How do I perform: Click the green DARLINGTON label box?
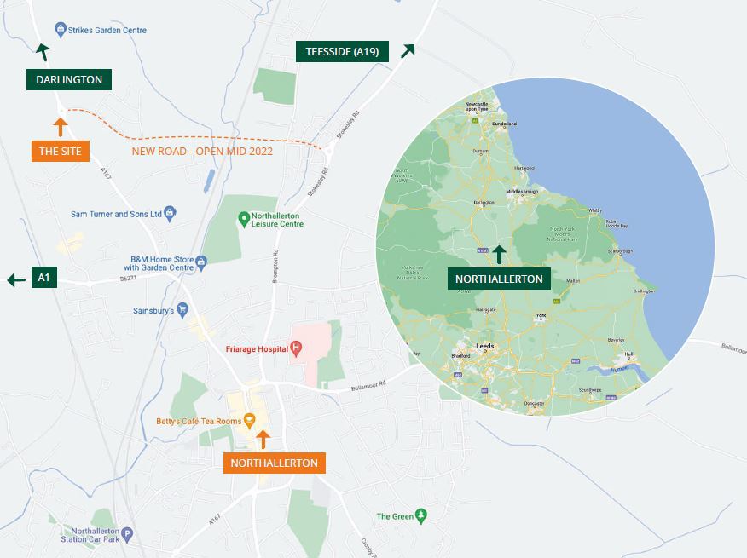pyautogui.click(x=69, y=80)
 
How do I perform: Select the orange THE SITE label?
pyautogui.click(x=61, y=152)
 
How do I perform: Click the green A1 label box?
pyautogui.click(x=44, y=278)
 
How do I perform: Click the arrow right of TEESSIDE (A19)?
pyautogui.click(x=408, y=50)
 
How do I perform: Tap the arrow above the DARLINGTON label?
pyautogui.click(x=42, y=53)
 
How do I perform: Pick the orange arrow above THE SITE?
pyautogui.click(x=60, y=128)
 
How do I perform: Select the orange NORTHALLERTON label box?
pyautogui.click(x=274, y=463)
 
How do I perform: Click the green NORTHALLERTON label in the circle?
pyautogui.click(x=499, y=279)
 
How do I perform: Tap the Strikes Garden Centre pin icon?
pyautogui.click(x=61, y=30)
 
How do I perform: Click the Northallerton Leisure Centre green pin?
pyautogui.click(x=244, y=219)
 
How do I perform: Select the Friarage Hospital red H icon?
pyautogui.click(x=296, y=348)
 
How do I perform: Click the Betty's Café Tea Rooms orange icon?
pyautogui.click(x=249, y=419)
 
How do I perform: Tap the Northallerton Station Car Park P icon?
pyautogui.click(x=127, y=535)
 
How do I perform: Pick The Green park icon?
pyautogui.click(x=419, y=516)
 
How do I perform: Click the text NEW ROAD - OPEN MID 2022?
pyautogui.click(x=203, y=152)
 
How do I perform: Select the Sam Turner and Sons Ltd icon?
pyautogui.click(x=170, y=214)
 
